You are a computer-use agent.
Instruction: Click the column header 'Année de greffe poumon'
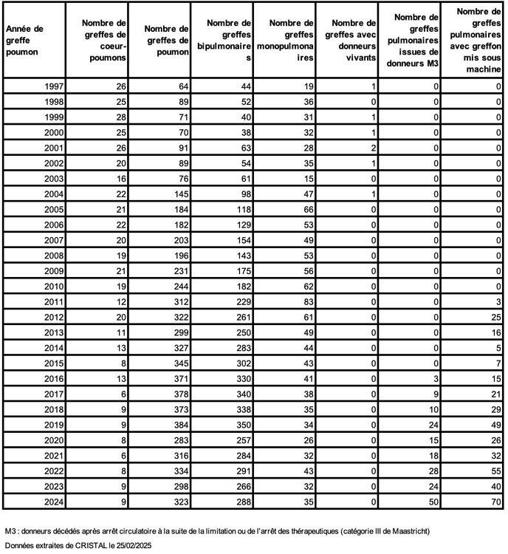24,41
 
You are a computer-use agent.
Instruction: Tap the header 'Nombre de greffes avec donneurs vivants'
349,41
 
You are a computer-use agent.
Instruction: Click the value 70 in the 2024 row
495,502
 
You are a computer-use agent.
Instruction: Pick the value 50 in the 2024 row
433,502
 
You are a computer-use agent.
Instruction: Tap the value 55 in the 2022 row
495,471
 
